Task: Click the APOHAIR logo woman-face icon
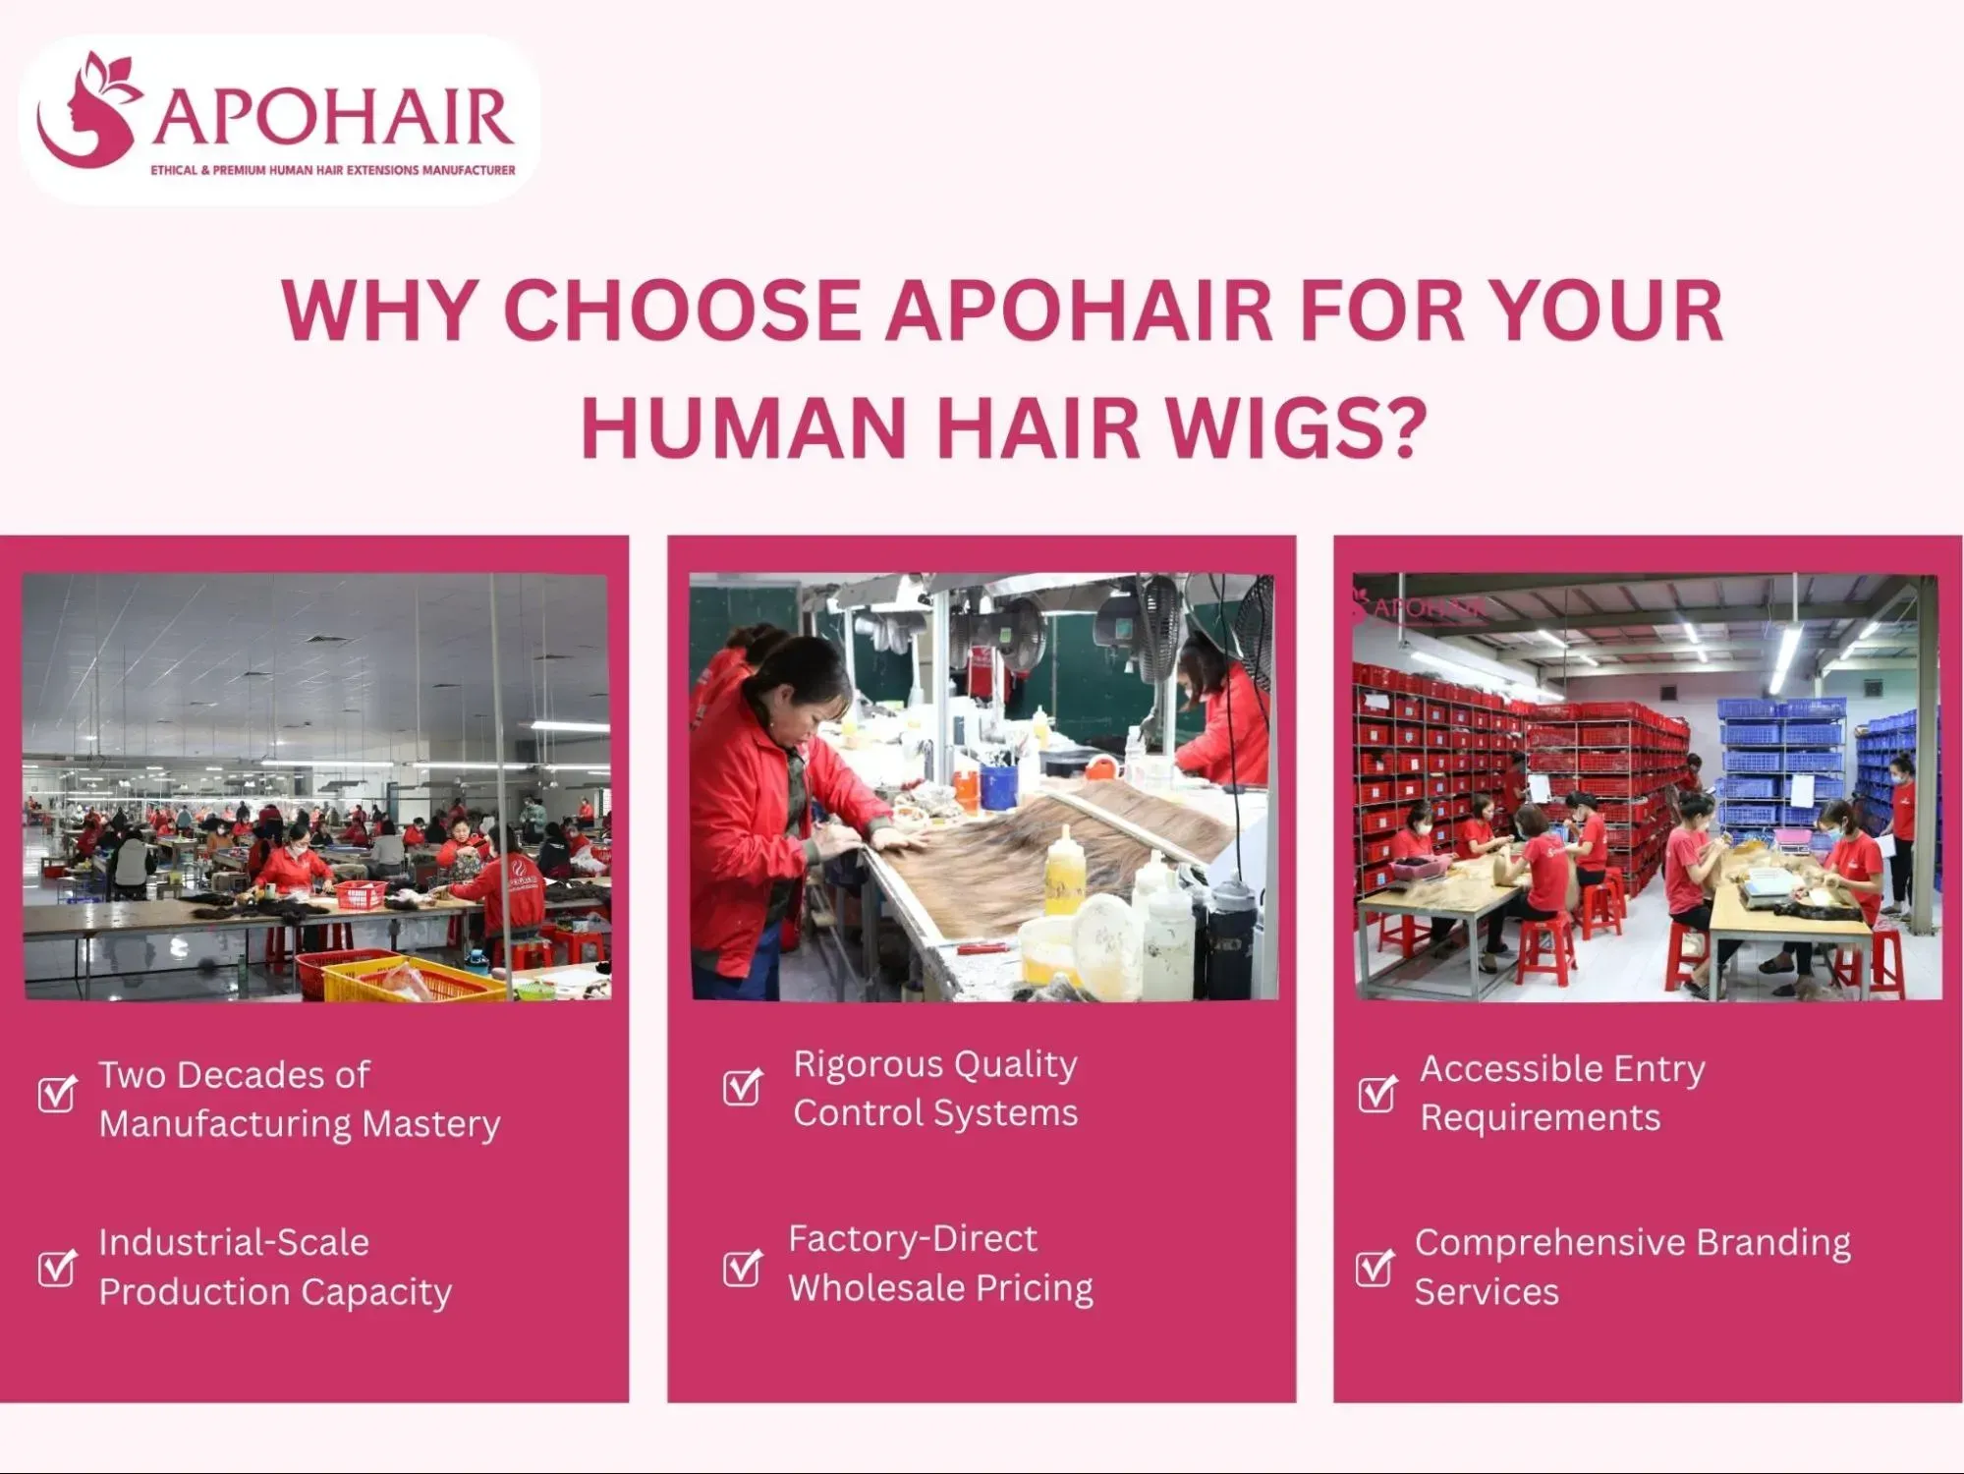(86, 113)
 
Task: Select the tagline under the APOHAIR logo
(332, 170)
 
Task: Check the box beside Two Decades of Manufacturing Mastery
(57, 1093)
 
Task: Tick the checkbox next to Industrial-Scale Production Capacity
(57, 1267)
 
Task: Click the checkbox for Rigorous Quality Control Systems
(742, 1086)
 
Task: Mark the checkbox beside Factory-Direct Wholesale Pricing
(742, 1267)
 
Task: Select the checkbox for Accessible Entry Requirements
(1376, 1093)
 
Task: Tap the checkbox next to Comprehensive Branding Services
(1374, 1267)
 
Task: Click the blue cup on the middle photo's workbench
(998, 786)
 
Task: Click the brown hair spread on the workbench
(1041, 845)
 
